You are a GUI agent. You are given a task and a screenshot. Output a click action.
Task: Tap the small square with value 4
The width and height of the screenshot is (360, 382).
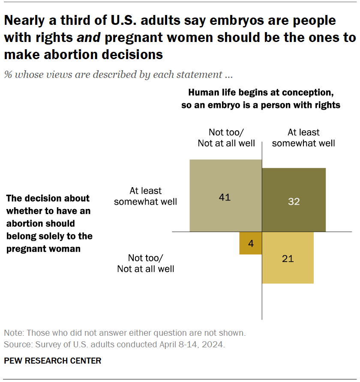[251, 243]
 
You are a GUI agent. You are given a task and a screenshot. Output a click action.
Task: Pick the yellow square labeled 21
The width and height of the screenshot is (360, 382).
[288, 257]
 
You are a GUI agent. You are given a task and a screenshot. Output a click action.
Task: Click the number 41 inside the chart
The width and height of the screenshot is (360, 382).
[225, 197]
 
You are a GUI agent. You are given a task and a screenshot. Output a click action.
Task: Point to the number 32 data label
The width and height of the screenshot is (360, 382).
[294, 201]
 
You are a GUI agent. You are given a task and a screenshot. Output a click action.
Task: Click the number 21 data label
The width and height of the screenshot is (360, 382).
[288, 259]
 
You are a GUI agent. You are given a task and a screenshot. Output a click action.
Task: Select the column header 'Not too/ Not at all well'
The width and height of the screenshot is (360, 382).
[226, 137]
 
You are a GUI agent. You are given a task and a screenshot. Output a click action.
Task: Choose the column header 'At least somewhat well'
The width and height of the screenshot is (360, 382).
[303, 137]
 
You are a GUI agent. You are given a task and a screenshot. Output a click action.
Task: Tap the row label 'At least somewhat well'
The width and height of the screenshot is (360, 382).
[145, 196]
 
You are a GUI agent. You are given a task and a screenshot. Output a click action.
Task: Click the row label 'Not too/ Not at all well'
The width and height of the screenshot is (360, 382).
[145, 263]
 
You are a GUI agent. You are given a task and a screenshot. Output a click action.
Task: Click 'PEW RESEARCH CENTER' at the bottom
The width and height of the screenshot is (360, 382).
[53, 361]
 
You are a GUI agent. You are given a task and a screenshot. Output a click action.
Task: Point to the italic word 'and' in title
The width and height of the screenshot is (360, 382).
[89, 38]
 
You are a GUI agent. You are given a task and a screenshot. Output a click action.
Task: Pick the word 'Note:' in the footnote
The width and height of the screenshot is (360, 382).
[14, 333]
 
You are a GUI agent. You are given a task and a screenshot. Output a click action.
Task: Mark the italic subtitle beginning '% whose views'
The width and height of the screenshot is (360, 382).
[118, 75]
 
